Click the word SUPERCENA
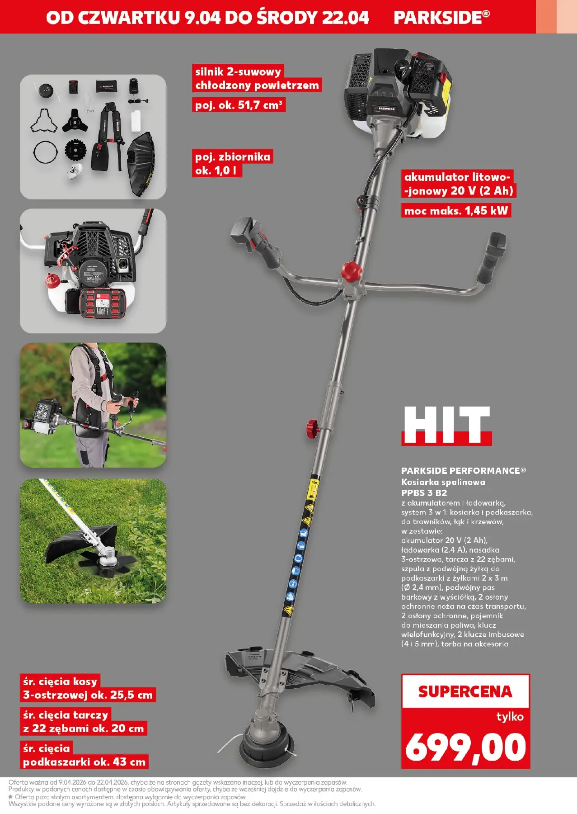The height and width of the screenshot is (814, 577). [465, 691]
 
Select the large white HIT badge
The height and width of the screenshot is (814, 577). [446, 426]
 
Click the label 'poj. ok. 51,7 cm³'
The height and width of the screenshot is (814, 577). [239, 105]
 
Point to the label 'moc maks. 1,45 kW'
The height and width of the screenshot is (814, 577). [456, 210]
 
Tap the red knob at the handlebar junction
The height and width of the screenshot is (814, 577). [351, 271]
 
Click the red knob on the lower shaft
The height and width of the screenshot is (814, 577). [313, 427]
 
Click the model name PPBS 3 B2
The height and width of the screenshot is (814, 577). [424, 493]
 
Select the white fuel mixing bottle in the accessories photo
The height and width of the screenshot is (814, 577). [136, 120]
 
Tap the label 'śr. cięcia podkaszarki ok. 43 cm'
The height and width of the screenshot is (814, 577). [84, 755]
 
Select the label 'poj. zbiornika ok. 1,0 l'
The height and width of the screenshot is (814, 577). [233, 163]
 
